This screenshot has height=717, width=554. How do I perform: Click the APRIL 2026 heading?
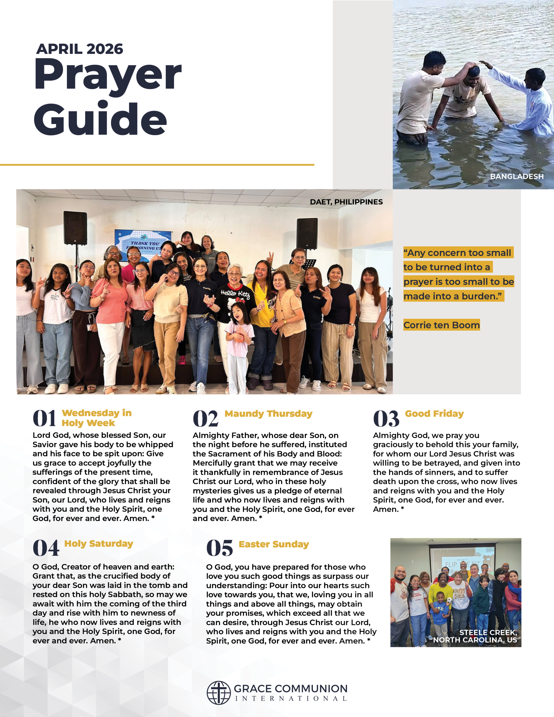click(x=80, y=49)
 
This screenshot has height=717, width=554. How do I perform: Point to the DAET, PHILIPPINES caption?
click(x=346, y=202)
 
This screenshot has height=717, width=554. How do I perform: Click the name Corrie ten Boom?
click(x=441, y=325)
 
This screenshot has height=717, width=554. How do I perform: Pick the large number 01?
click(x=44, y=419)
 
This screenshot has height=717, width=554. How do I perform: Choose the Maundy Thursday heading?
click(x=268, y=414)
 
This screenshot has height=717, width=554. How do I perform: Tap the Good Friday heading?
click(x=434, y=414)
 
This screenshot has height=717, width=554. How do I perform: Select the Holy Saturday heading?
click(x=99, y=544)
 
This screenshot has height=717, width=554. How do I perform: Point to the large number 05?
click(x=219, y=548)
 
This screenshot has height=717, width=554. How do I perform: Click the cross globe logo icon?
click(x=218, y=693)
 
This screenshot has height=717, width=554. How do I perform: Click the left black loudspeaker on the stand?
click(x=75, y=228)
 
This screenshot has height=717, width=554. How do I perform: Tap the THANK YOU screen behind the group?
click(x=143, y=245)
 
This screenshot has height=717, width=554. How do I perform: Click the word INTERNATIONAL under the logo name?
click(x=291, y=699)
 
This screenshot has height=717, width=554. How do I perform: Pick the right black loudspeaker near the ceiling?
click(x=307, y=234)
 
